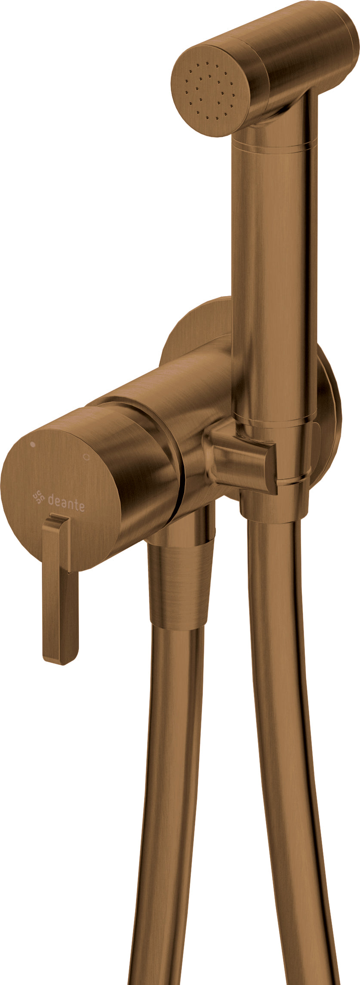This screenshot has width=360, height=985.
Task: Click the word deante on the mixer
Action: (x=66, y=501)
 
